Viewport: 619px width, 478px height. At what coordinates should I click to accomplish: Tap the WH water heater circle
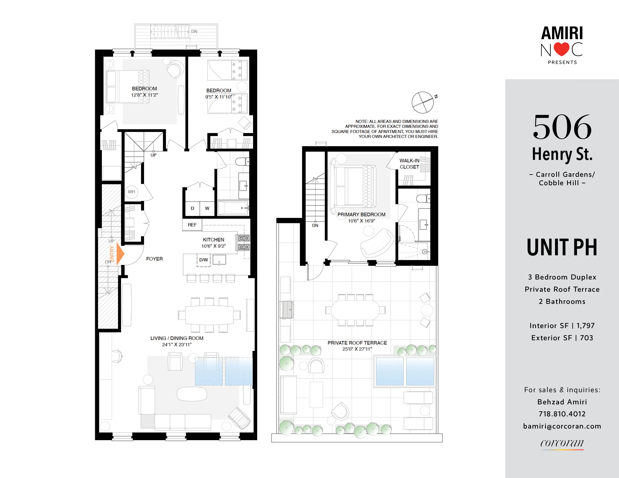click(x=131, y=192)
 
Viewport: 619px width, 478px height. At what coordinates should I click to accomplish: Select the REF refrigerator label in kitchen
click(x=192, y=225)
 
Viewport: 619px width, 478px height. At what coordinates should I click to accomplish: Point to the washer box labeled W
click(x=207, y=208)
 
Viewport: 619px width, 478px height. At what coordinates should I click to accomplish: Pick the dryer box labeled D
click(x=192, y=208)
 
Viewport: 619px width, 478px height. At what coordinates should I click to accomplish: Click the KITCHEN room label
click(x=213, y=240)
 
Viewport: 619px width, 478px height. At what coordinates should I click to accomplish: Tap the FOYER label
click(x=154, y=259)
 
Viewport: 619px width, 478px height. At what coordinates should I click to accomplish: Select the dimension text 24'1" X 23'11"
click(x=177, y=345)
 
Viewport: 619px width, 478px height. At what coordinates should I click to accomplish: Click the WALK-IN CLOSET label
click(x=409, y=164)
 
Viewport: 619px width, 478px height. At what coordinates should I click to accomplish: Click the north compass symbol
click(x=423, y=102)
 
